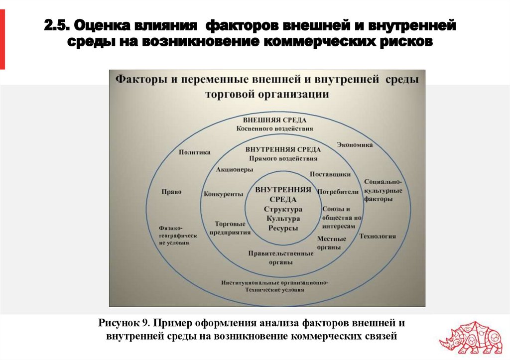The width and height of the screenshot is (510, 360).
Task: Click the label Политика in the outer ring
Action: tap(194, 152)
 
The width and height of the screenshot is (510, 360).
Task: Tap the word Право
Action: tap(171, 192)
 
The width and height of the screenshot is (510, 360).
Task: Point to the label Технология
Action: tap(378, 236)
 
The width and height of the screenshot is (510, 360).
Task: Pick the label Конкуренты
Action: tap(223, 194)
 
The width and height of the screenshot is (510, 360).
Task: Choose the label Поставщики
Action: tap(330, 174)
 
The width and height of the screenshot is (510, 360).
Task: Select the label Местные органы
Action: tap(332, 242)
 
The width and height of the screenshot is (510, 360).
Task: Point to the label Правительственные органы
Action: tap(281, 257)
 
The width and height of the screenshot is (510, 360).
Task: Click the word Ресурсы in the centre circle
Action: tap(283, 228)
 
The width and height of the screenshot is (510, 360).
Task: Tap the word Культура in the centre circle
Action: tap(283, 219)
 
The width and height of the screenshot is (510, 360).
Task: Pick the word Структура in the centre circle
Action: tap(283, 209)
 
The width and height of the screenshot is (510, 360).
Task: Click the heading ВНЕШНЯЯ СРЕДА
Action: tap(274, 120)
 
